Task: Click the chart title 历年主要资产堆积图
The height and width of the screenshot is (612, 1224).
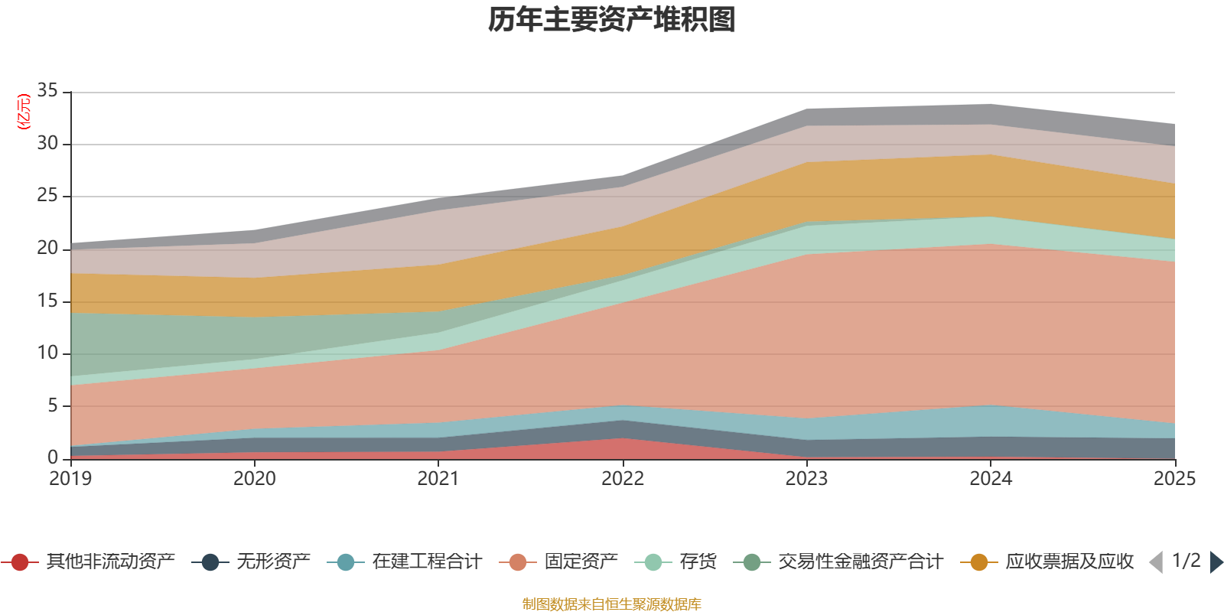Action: coord(612,20)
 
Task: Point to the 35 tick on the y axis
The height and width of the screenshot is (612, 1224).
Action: coord(47,91)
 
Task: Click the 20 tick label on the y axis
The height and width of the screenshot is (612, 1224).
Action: coord(47,248)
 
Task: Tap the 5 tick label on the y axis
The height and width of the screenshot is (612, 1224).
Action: coord(53,405)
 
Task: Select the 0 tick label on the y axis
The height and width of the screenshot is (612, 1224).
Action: coord(53,457)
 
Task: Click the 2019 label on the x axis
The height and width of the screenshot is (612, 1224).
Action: coord(70,479)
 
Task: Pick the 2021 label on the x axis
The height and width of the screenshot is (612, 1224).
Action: coord(438,479)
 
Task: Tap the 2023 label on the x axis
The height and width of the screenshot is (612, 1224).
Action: coord(806,479)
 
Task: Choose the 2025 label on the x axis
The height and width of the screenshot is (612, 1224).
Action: coord(1174,479)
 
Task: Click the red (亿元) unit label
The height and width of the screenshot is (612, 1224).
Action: coord(24,112)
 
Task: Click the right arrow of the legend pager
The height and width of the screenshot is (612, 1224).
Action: coord(1216,562)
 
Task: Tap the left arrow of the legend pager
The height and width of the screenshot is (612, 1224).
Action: coord(1156,562)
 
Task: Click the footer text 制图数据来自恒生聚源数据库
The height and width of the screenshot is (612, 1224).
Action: coord(612,604)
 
